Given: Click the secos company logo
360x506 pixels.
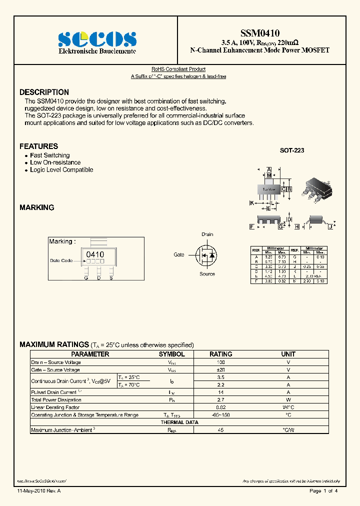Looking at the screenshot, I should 97,39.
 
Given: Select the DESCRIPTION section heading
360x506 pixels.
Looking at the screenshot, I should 44,92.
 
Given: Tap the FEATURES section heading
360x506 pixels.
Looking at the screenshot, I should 38,146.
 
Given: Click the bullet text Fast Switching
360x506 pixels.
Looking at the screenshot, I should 49,155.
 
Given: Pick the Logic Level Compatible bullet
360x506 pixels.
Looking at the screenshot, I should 61,169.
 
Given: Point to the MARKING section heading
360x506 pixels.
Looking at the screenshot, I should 36,207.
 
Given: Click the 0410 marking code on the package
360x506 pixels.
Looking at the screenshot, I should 95,254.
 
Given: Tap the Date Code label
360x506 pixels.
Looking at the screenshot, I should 61,260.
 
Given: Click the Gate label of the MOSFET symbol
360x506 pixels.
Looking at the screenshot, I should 179,254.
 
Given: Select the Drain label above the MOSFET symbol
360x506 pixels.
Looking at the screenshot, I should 207,234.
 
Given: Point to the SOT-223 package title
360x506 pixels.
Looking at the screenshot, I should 291,150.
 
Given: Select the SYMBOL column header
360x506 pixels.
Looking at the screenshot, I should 171,354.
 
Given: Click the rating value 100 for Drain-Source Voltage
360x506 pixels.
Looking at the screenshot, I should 220,362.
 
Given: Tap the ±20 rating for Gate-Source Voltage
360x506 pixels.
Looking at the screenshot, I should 220,369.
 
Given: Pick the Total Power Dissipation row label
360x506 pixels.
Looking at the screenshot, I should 56,400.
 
